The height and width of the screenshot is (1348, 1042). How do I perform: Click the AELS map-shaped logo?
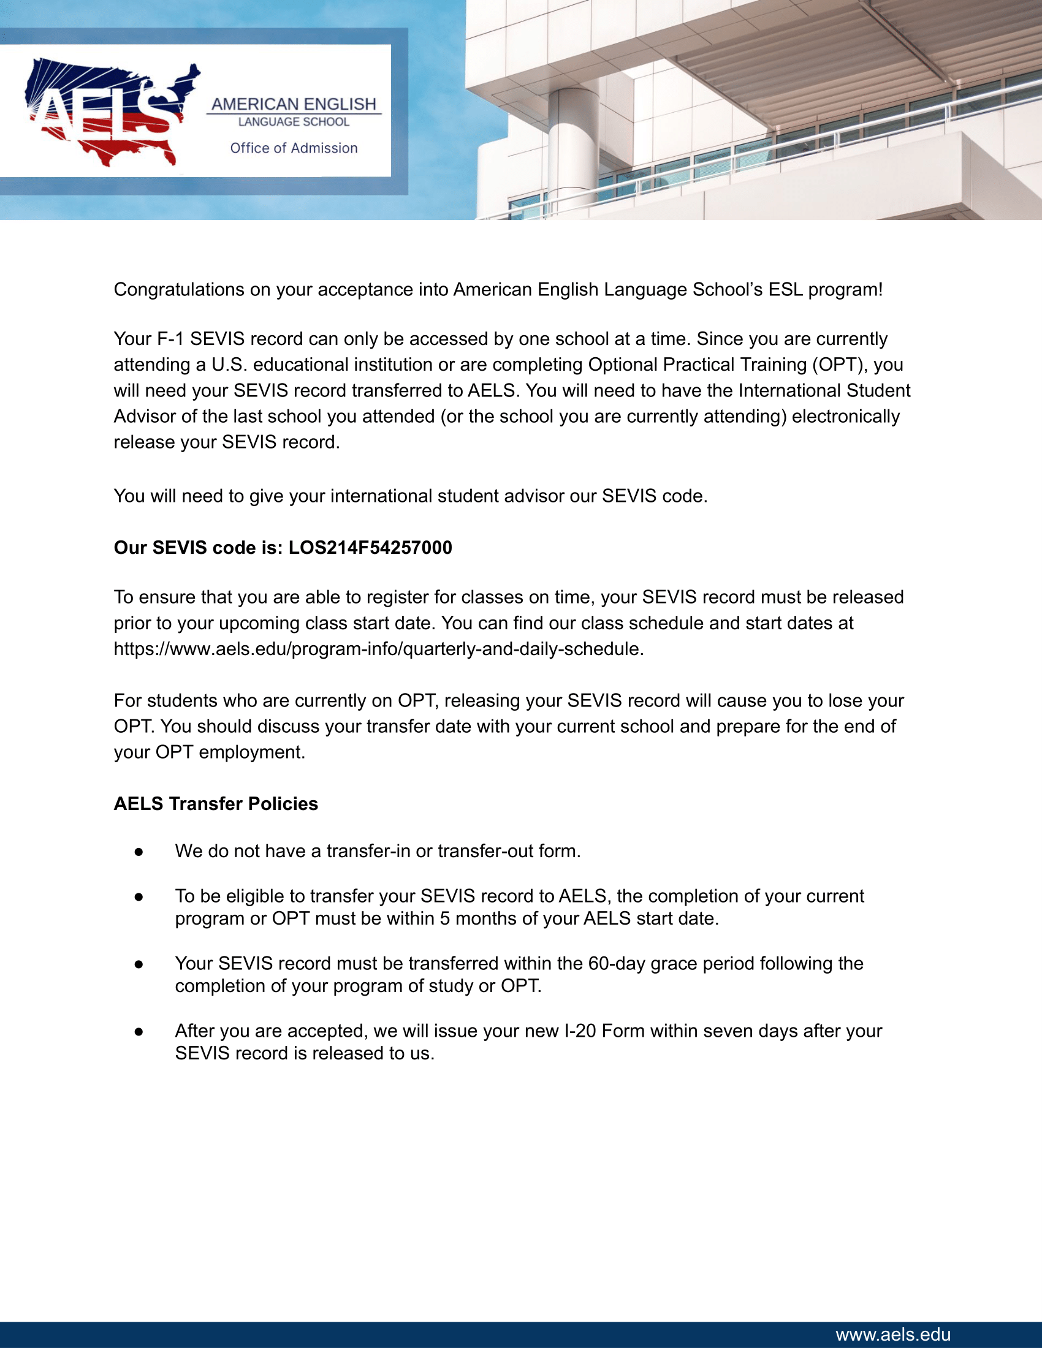click(111, 112)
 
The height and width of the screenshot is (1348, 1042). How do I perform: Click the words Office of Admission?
click(294, 148)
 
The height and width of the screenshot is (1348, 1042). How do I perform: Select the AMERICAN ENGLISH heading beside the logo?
click(294, 104)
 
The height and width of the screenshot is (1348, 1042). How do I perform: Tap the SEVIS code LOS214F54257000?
click(370, 547)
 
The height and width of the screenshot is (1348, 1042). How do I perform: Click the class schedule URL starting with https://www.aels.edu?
click(378, 649)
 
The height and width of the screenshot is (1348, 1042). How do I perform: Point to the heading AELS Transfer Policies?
click(215, 804)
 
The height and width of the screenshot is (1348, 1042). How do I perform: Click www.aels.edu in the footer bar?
click(892, 1335)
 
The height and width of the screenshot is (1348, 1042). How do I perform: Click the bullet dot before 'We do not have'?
click(139, 852)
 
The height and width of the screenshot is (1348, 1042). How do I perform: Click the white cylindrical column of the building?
click(572, 148)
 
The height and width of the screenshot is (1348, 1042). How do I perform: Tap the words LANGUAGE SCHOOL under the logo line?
click(294, 122)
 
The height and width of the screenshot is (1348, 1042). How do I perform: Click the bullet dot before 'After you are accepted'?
click(139, 1031)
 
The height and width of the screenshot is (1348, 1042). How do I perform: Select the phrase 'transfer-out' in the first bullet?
click(485, 851)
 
